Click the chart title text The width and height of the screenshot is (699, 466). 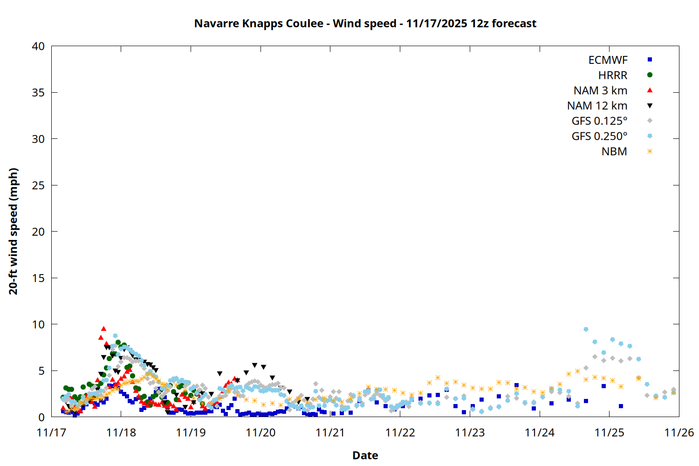pyautogui.click(x=365, y=23)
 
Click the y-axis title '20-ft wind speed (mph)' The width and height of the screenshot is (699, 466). pyautogui.click(x=14, y=231)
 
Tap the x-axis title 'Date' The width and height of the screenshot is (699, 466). pyautogui.click(x=365, y=455)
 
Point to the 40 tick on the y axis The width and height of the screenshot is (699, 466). pyautogui.click(x=39, y=46)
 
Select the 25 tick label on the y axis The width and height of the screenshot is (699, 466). pyautogui.click(x=39, y=185)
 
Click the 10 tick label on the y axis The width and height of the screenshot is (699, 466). pyautogui.click(x=39, y=324)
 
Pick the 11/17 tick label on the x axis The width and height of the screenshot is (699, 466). pyautogui.click(x=51, y=432)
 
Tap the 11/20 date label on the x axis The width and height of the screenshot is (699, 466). pyautogui.click(x=260, y=432)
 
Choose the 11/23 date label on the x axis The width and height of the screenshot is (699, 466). pyautogui.click(x=470, y=432)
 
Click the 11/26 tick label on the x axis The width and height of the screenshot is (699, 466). pyautogui.click(x=679, y=432)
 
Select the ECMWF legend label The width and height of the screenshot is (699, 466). pyautogui.click(x=608, y=60)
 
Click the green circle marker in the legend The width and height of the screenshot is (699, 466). pyautogui.click(x=650, y=75)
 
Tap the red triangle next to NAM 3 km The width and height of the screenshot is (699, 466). pyautogui.click(x=650, y=90)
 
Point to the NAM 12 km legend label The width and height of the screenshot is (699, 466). pyautogui.click(x=597, y=106)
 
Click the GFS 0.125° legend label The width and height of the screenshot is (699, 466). pyautogui.click(x=599, y=121)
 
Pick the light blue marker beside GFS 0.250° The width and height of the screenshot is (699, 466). pyautogui.click(x=650, y=136)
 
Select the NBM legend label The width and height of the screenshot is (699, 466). pyautogui.click(x=614, y=151)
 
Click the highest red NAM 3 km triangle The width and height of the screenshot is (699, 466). pyautogui.click(x=103, y=329)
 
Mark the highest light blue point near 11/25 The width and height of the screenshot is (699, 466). pyautogui.click(x=586, y=329)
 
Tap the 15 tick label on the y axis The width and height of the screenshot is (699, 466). pyautogui.click(x=39, y=278)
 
